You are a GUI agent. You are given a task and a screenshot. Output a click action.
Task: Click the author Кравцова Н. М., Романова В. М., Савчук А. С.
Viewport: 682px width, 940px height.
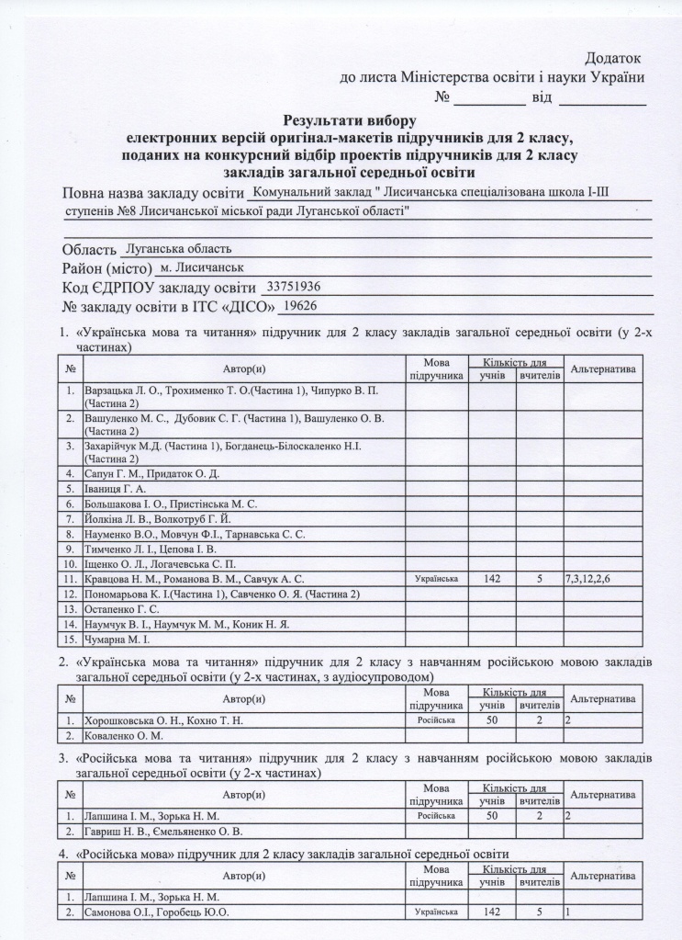pos(194,579)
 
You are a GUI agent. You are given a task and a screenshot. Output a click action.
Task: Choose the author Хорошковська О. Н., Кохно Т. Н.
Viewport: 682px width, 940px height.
pos(163,720)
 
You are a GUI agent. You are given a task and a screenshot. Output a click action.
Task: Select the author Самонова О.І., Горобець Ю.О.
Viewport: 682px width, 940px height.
pos(156,912)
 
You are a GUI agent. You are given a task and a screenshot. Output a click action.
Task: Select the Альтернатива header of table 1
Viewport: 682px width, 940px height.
pos(604,368)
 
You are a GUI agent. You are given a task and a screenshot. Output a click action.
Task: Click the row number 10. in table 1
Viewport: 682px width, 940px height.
pos(70,564)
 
